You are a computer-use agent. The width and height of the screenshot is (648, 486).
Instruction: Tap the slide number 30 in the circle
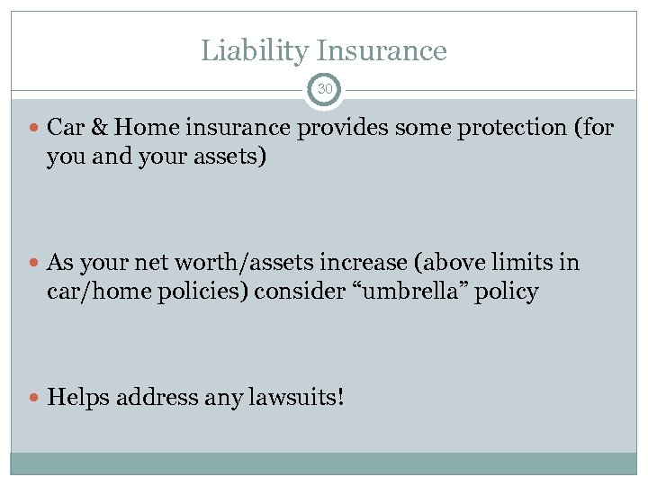pos(324,89)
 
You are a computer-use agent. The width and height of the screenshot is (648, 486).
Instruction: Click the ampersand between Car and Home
pos(96,128)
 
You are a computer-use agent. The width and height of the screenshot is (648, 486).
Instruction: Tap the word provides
pos(340,129)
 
